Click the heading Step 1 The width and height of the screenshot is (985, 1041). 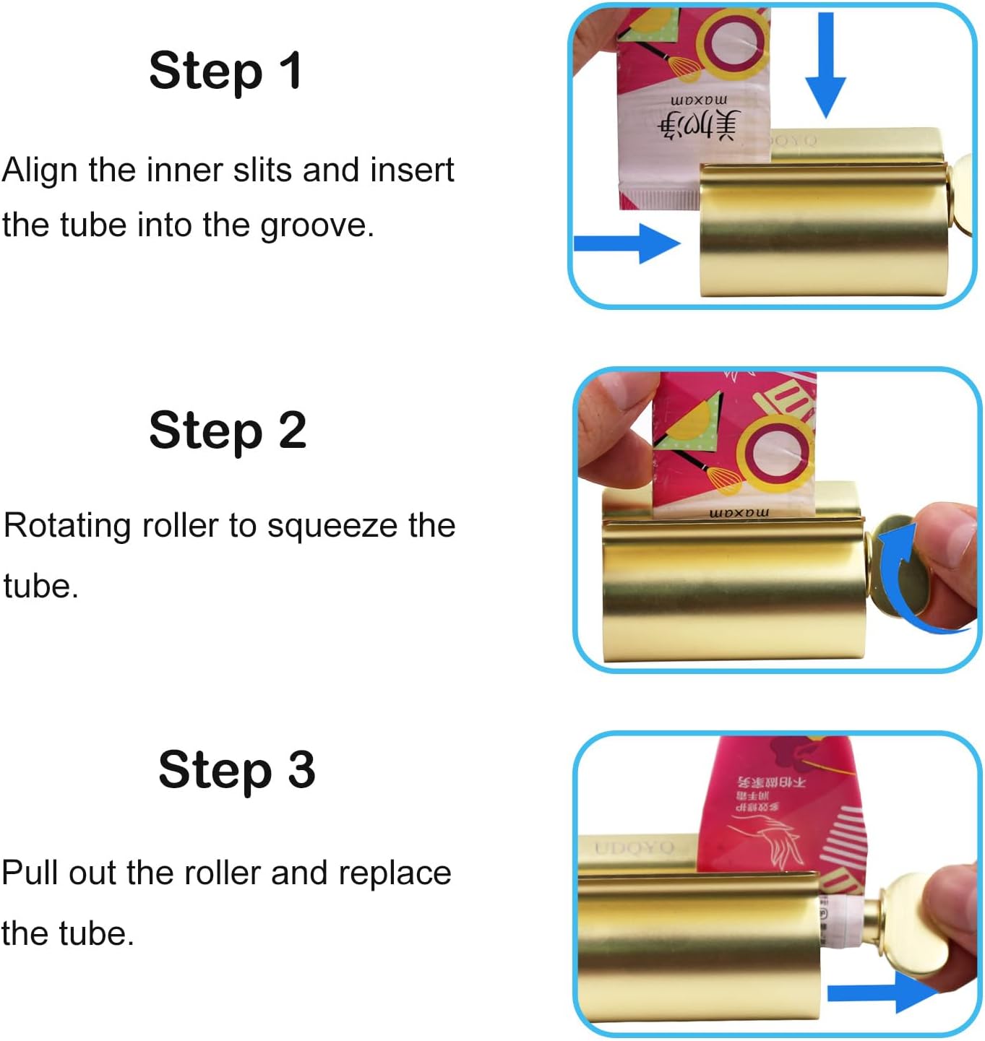[225, 72]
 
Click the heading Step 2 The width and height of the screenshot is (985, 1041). [228, 430]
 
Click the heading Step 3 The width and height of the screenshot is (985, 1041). [236, 769]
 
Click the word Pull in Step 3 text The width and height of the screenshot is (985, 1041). [31, 873]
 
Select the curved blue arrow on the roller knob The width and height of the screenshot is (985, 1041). [903, 578]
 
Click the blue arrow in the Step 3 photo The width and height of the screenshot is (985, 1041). [882, 993]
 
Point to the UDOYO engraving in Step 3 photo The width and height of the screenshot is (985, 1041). [634, 847]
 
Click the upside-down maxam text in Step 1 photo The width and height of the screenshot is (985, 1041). [699, 99]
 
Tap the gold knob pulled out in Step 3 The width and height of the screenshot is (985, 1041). [911, 925]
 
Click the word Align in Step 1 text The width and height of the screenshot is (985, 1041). [40, 171]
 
